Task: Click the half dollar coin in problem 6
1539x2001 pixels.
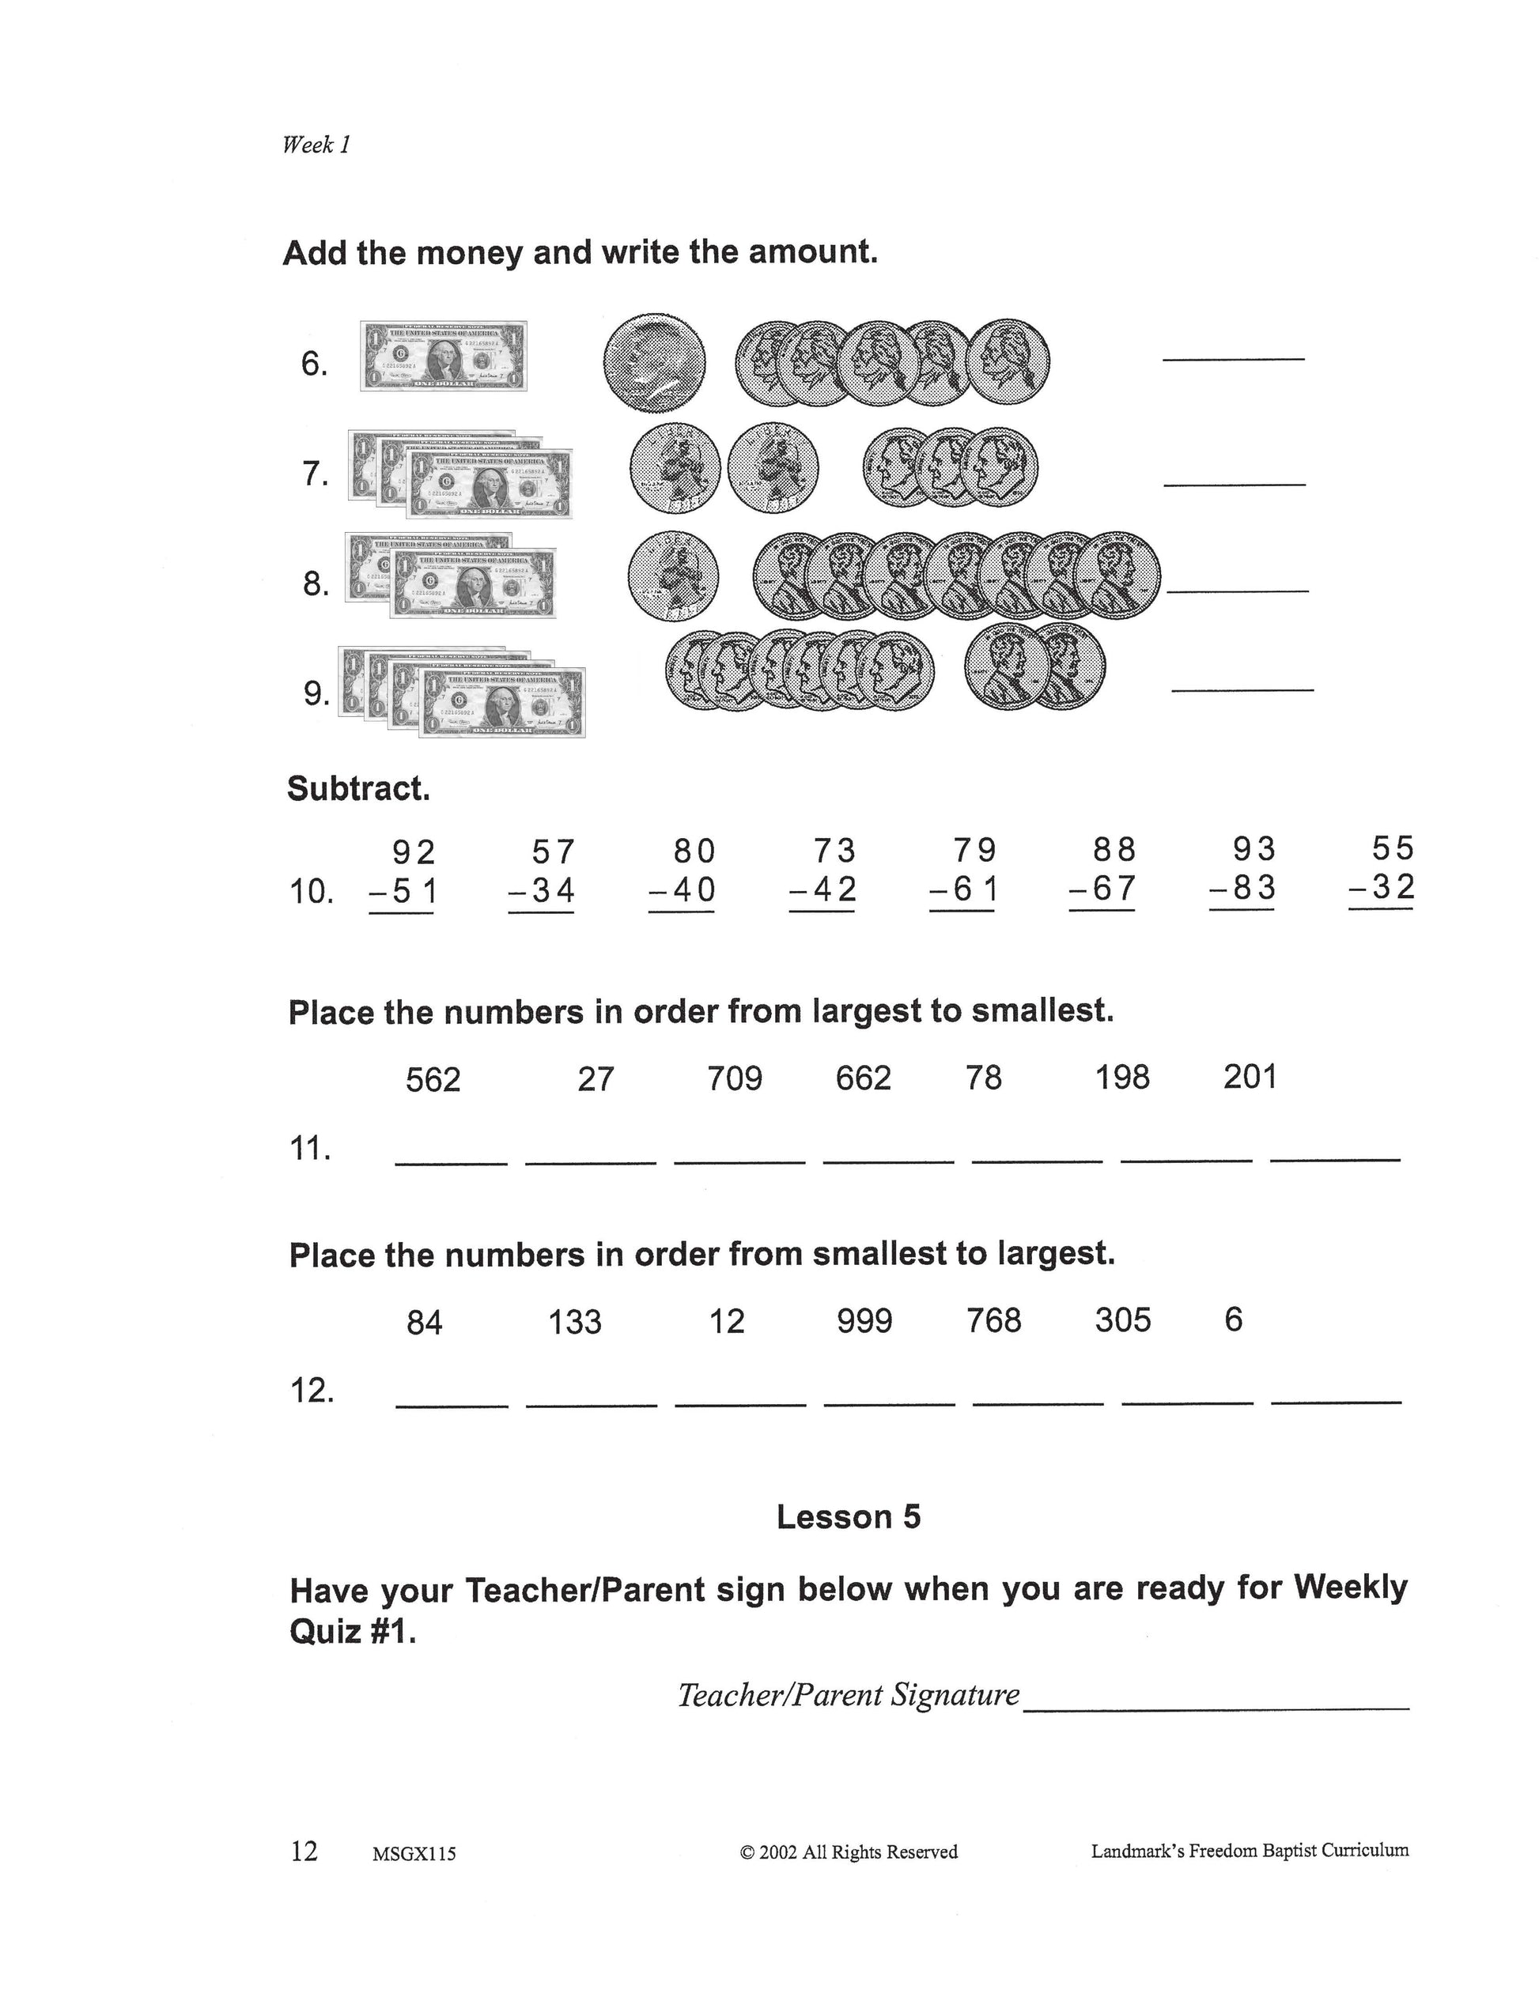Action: point(654,363)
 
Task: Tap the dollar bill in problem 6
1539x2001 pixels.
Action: point(444,357)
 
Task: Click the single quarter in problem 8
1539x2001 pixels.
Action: point(673,577)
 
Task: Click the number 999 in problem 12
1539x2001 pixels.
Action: point(864,1320)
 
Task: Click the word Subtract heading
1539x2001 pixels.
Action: point(358,788)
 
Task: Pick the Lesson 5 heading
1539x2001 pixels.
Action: point(849,1517)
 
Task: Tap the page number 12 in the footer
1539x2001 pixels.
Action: point(304,1851)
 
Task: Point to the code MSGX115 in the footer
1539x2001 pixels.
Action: point(414,1854)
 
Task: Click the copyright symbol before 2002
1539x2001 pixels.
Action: point(747,1852)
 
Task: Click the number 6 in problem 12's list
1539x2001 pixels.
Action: point(1233,1320)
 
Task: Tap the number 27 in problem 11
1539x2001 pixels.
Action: point(596,1079)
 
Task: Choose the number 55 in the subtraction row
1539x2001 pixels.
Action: point(1393,849)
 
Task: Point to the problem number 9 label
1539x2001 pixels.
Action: point(316,694)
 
